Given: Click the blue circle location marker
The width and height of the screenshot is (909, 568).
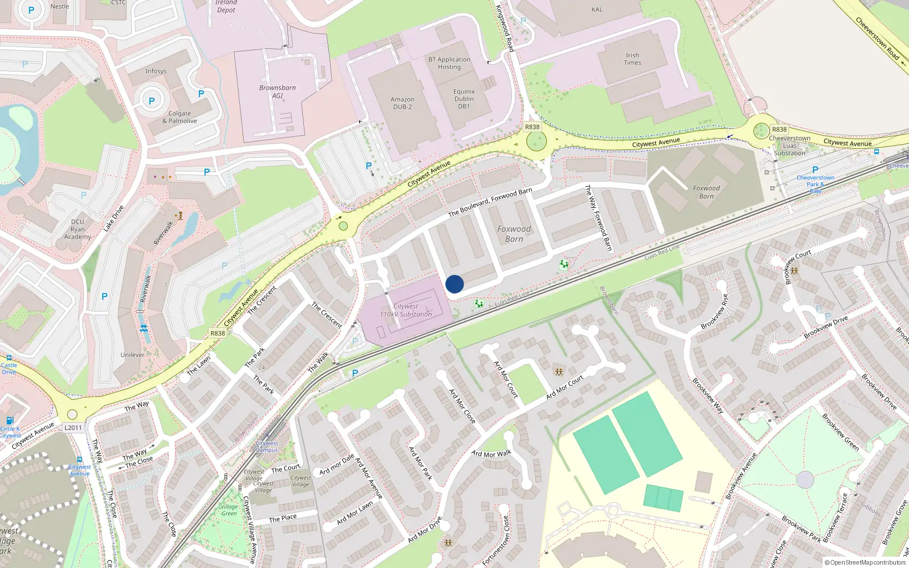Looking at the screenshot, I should [x=454, y=284].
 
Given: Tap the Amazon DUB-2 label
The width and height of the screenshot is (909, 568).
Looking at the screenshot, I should [x=402, y=103].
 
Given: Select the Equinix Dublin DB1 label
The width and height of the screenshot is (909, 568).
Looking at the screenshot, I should [x=464, y=99].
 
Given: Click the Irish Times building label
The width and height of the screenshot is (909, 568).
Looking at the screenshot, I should [x=632, y=59].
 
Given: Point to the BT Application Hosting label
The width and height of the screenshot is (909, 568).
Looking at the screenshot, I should [x=449, y=63].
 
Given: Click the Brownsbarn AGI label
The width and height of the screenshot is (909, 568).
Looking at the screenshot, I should [x=277, y=91].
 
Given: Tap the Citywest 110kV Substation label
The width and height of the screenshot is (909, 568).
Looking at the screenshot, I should [x=406, y=310].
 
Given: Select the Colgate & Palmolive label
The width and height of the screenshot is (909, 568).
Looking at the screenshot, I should [x=180, y=117].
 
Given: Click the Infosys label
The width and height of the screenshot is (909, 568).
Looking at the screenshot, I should [x=156, y=71].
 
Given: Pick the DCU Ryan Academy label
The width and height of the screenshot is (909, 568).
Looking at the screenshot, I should [x=78, y=229].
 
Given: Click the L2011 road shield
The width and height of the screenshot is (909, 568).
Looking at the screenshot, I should [x=73, y=428].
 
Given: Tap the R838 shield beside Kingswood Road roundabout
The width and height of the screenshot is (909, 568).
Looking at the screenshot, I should [x=532, y=127].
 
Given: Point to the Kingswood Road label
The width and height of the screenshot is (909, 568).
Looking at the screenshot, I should [x=504, y=28].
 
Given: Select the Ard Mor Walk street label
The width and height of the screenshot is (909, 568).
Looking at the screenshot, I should [x=491, y=453].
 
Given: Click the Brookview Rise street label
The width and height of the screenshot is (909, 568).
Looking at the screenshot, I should [x=715, y=311].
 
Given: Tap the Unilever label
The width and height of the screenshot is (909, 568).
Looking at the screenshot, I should [x=132, y=355].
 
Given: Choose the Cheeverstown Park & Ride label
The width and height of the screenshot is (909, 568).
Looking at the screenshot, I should [x=815, y=181].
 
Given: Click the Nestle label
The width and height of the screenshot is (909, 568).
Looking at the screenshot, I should [x=60, y=7].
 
